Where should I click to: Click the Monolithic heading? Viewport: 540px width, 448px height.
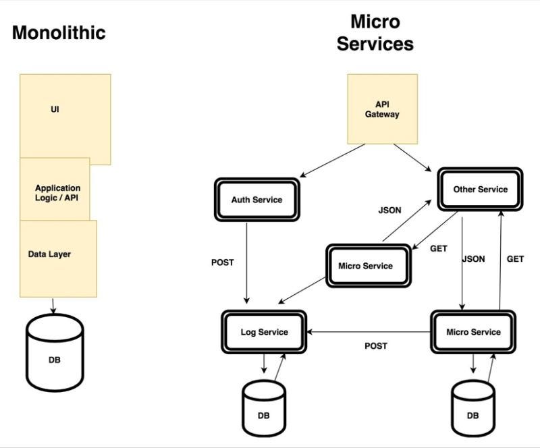pyautogui.click(x=59, y=32)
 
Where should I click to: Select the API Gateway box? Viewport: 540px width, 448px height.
pyautogui.click(x=382, y=109)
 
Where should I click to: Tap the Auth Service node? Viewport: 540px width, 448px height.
pyautogui.click(x=256, y=199)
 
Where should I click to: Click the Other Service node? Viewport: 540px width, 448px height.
pyautogui.click(x=480, y=190)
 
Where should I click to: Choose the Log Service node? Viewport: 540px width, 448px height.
pyautogui.click(x=264, y=332)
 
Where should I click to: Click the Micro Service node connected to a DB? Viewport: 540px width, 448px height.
pyautogui.click(x=473, y=332)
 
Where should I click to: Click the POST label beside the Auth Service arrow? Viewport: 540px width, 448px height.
pyautogui.click(x=222, y=262)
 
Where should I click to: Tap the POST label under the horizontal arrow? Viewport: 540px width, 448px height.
pyautogui.click(x=376, y=346)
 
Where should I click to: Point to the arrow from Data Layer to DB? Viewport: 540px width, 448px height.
pyautogui.click(x=54, y=306)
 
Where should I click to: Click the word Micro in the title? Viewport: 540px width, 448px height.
pyautogui.click(x=375, y=22)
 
